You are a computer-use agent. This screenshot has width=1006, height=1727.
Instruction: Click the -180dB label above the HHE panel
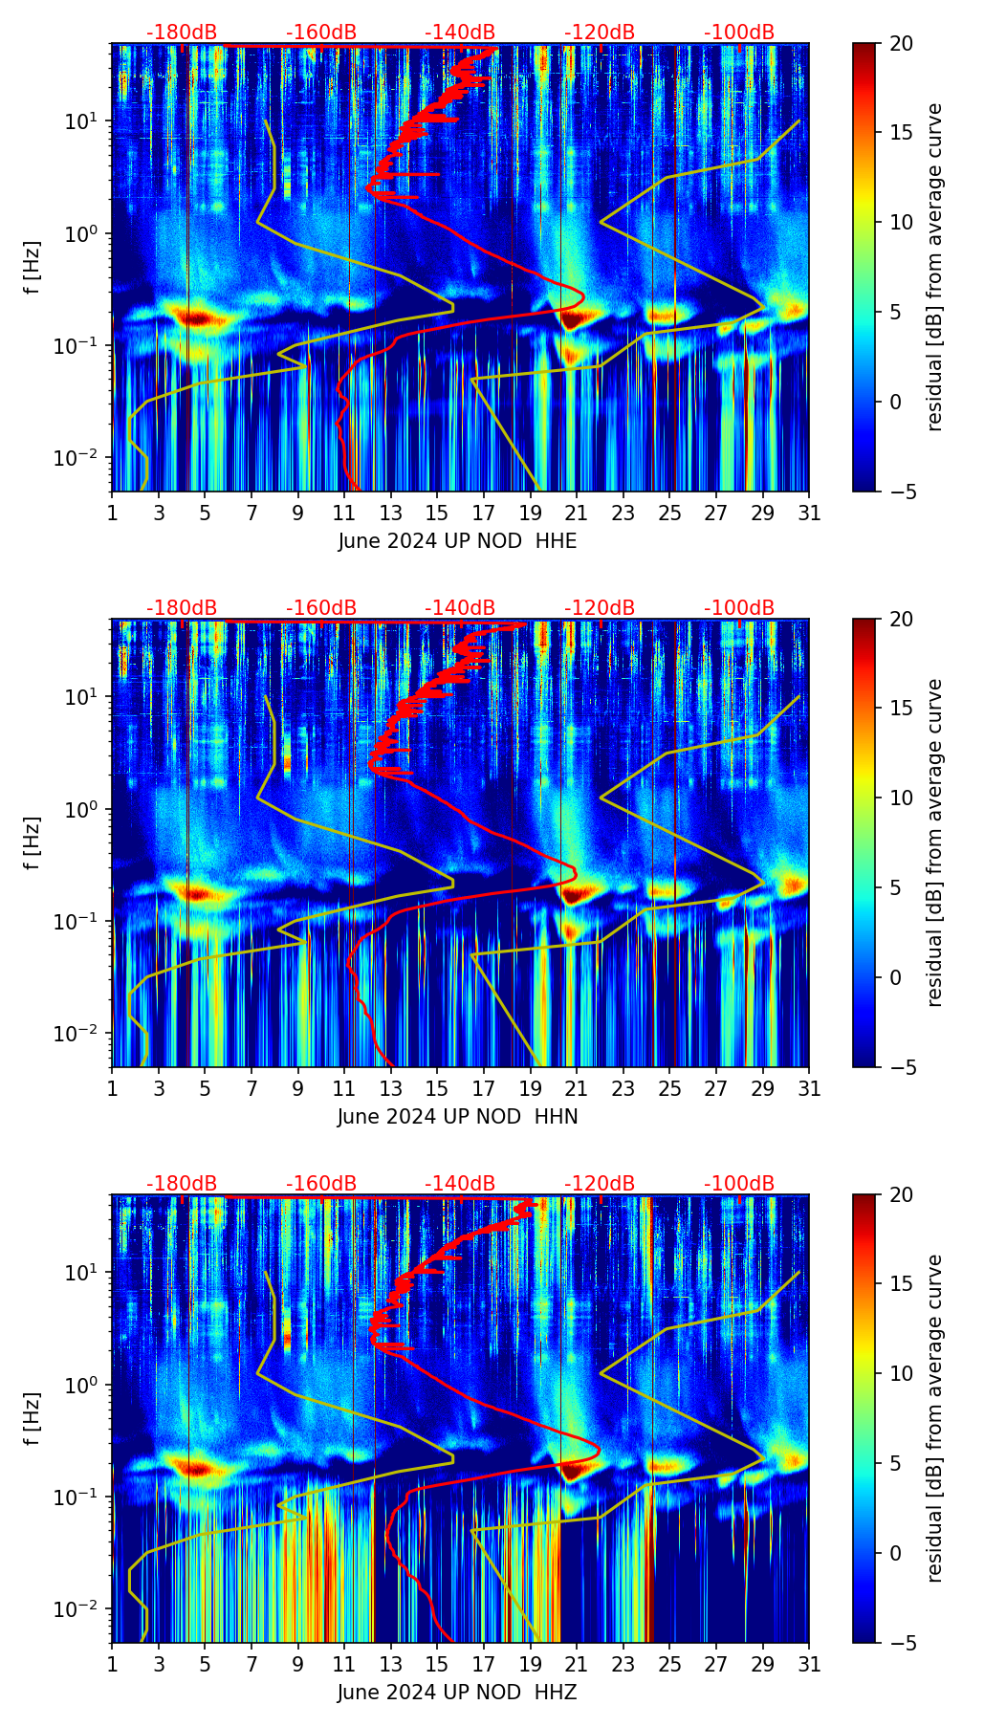[182, 33]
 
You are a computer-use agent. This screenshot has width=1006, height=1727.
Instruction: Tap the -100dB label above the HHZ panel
[739, 1184]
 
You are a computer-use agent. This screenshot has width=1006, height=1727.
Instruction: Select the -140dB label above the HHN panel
[460, 608]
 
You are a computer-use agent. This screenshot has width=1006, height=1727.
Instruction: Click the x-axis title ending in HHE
[457, 541]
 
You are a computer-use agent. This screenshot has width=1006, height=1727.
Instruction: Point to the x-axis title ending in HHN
[457, 1117]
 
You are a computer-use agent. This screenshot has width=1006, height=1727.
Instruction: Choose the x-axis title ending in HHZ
[457, 1693]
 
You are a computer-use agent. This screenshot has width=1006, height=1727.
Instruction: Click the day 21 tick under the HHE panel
[577, 513]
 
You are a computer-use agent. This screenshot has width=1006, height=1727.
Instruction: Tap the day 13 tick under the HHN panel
[391, 1088]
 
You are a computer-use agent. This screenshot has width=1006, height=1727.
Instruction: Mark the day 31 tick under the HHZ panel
[809, 1664]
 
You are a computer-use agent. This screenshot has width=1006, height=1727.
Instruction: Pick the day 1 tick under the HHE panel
[113, 513]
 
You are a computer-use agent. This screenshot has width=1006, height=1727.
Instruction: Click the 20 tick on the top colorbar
[902, 43]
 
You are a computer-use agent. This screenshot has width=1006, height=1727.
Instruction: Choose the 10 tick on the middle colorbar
[902, 798]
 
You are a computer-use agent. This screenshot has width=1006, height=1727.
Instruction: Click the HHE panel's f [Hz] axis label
[33, 267]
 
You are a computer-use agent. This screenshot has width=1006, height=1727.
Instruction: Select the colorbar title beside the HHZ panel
[934, 1418]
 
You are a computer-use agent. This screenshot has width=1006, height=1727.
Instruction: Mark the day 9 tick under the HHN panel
[298, 1088]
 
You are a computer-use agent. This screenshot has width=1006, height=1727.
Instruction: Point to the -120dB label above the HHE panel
[600, 33]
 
